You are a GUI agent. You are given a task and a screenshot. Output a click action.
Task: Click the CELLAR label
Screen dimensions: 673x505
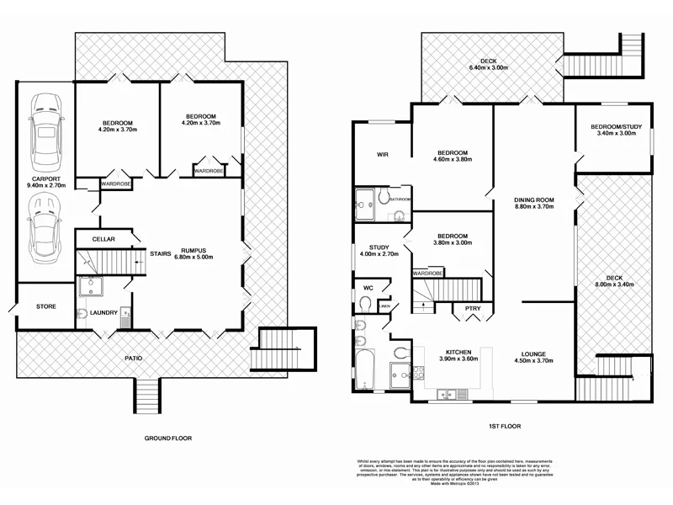tap(103, 239)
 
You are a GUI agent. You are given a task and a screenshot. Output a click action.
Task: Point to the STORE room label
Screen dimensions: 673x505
tap(45, 306)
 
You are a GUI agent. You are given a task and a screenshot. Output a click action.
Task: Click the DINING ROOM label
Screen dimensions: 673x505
tap(534, 199)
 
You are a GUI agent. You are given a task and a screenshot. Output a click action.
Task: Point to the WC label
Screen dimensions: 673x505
tap(368, 288)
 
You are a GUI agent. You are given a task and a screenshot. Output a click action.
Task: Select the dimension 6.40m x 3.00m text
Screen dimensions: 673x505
tap(489, 70)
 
